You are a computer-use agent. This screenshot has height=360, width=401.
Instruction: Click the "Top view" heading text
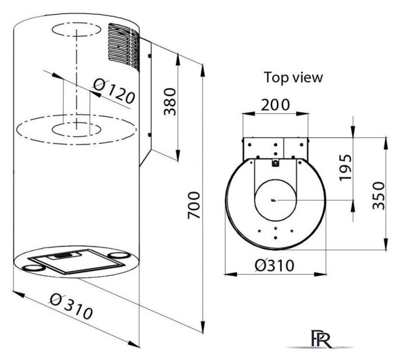(x=293, y=77)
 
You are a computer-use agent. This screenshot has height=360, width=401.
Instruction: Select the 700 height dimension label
(x=193, y=205)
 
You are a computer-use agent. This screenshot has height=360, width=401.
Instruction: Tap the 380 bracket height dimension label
(x=170, y=102)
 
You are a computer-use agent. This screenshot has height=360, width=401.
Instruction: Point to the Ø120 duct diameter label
(x=114, y=91)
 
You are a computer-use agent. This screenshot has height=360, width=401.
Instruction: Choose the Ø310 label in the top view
(x=274, y=265)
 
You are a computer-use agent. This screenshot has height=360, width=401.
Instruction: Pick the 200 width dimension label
(x=276, y=105)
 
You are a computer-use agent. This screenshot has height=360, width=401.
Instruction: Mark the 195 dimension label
(x=345, y=168)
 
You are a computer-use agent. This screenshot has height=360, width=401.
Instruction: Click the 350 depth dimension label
(x=379, y=196)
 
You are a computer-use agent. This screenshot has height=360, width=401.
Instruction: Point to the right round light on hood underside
(x=118, y=255)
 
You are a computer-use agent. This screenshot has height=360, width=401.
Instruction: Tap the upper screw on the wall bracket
(x=150, y=56)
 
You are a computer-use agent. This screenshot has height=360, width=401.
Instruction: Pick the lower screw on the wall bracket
(x=150, y=135)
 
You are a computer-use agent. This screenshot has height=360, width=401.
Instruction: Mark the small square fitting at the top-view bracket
(x=276, y=163)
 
